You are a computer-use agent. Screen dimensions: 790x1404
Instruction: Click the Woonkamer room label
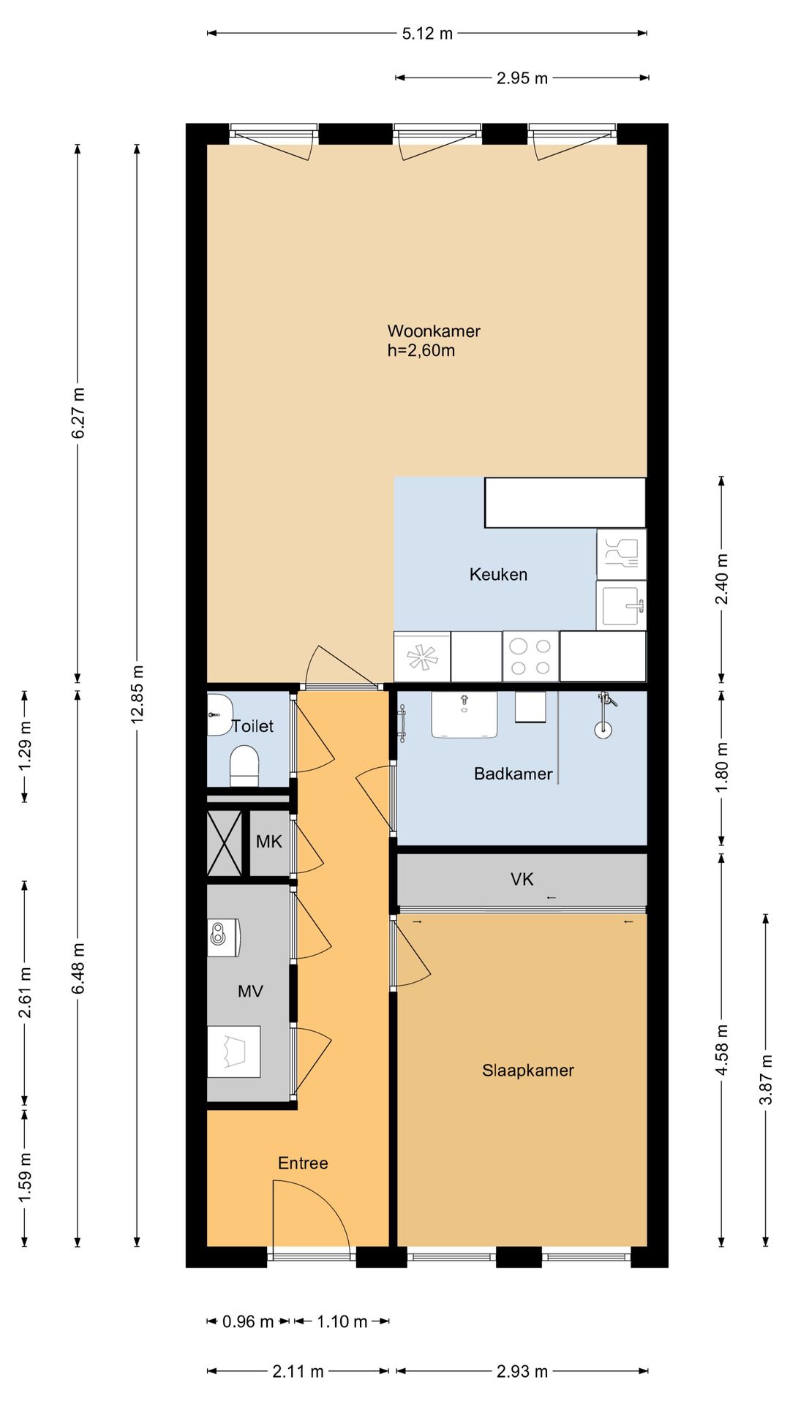[x=434, y=331]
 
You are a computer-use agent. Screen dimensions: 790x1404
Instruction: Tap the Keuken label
[x=498, y=575]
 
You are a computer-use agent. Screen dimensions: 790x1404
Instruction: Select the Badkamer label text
[x=513, y=774]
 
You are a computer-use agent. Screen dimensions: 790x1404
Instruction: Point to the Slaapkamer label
[x=528, y=1071]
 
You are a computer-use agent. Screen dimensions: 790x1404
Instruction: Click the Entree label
[x=303, y=1163]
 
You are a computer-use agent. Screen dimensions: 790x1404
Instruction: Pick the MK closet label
[x=268, y=842]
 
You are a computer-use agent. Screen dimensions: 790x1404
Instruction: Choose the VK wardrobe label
[x=522, y=879]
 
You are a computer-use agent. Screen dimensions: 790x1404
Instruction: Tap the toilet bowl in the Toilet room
[x=244, y=766]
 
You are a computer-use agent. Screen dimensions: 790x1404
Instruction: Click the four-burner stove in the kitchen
[x=530, y=657]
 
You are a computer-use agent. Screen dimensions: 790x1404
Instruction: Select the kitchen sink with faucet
[x=622, y=605]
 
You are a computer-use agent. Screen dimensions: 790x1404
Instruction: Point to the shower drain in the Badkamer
[x=603, y=729]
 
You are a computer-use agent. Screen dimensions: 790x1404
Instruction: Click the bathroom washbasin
[x=464, y=714]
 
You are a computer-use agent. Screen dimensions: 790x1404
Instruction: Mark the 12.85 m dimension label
[x=137, y=694]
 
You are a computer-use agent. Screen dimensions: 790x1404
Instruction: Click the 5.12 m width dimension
[x=427, y=33]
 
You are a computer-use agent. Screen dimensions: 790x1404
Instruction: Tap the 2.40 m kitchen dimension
[x=722, y=579]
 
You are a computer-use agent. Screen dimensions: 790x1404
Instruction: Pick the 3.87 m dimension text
[x=766, y=1079]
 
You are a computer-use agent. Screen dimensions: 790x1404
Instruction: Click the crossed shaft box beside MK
[x=225, y=843]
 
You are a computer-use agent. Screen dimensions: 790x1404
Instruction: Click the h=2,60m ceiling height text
[x=421, y=351]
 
